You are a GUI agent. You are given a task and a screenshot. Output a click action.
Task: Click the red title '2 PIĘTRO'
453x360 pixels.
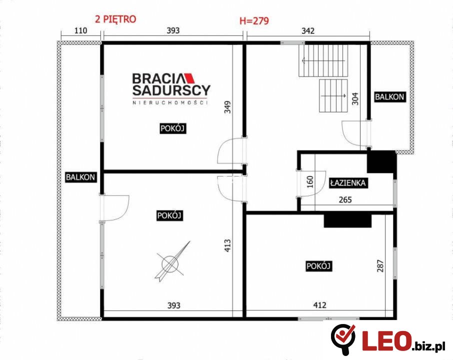point(115,19)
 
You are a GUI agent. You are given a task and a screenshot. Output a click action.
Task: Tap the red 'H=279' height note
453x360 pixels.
point(254,21)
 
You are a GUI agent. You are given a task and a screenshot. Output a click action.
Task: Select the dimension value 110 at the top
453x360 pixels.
point(80,30)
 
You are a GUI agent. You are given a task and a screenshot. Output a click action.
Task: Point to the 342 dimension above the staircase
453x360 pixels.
point(308,30)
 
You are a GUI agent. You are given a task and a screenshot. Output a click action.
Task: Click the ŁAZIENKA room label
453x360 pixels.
point(348,183)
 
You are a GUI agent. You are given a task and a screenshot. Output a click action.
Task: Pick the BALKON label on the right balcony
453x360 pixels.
point(389,97)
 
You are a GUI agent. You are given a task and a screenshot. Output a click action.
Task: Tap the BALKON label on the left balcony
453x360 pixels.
point(80,177)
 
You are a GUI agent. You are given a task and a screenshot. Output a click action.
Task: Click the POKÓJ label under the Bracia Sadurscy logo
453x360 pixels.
point(172,128)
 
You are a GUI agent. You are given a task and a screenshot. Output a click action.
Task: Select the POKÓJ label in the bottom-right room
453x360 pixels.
point(318,266)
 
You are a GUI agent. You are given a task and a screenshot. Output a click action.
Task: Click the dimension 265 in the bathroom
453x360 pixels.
point(345,199)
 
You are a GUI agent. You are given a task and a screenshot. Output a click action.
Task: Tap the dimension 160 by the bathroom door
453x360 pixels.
point(310,182)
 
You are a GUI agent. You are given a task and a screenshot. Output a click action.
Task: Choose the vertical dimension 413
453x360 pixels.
point(227,245)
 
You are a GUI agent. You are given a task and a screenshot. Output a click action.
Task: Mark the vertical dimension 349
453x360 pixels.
point(227,107)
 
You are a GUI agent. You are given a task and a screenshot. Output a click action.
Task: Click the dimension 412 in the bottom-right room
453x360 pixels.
point(320,305)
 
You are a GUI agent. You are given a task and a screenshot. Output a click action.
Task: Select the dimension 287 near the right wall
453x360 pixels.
point(380,266)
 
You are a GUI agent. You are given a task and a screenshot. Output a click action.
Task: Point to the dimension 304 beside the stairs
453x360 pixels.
point(355,98)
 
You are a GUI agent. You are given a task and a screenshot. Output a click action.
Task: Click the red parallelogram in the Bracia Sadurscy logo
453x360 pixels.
point(190,78)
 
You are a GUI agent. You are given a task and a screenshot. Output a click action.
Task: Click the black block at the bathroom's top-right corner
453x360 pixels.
point(381,162)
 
